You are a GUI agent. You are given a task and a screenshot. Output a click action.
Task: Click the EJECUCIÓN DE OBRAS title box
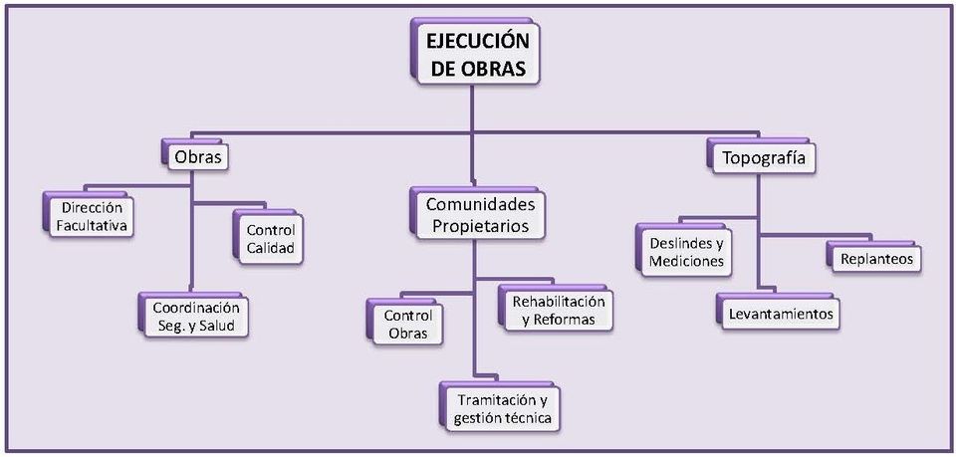476,56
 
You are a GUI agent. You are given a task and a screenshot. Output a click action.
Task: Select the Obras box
196,157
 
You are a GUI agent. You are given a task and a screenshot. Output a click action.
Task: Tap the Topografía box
762,157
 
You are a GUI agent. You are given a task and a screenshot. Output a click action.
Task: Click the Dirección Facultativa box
92,217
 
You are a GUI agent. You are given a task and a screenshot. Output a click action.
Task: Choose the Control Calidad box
270,239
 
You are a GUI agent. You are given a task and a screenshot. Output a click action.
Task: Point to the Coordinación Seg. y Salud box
195,317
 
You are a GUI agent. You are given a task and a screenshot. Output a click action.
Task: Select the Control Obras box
406,325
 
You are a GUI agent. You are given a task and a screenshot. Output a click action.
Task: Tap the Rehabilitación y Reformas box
558,310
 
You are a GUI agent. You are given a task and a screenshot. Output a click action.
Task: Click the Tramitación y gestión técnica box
502,409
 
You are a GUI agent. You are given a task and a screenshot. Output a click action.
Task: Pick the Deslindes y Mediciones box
686,253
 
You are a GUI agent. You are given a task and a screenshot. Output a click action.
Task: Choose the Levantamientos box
780,315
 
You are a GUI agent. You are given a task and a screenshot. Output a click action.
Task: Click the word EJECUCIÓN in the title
477,43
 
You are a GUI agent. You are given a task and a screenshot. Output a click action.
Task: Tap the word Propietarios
480,226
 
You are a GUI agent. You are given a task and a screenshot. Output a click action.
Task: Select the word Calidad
270,249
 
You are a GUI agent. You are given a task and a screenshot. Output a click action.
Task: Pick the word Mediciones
686,263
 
